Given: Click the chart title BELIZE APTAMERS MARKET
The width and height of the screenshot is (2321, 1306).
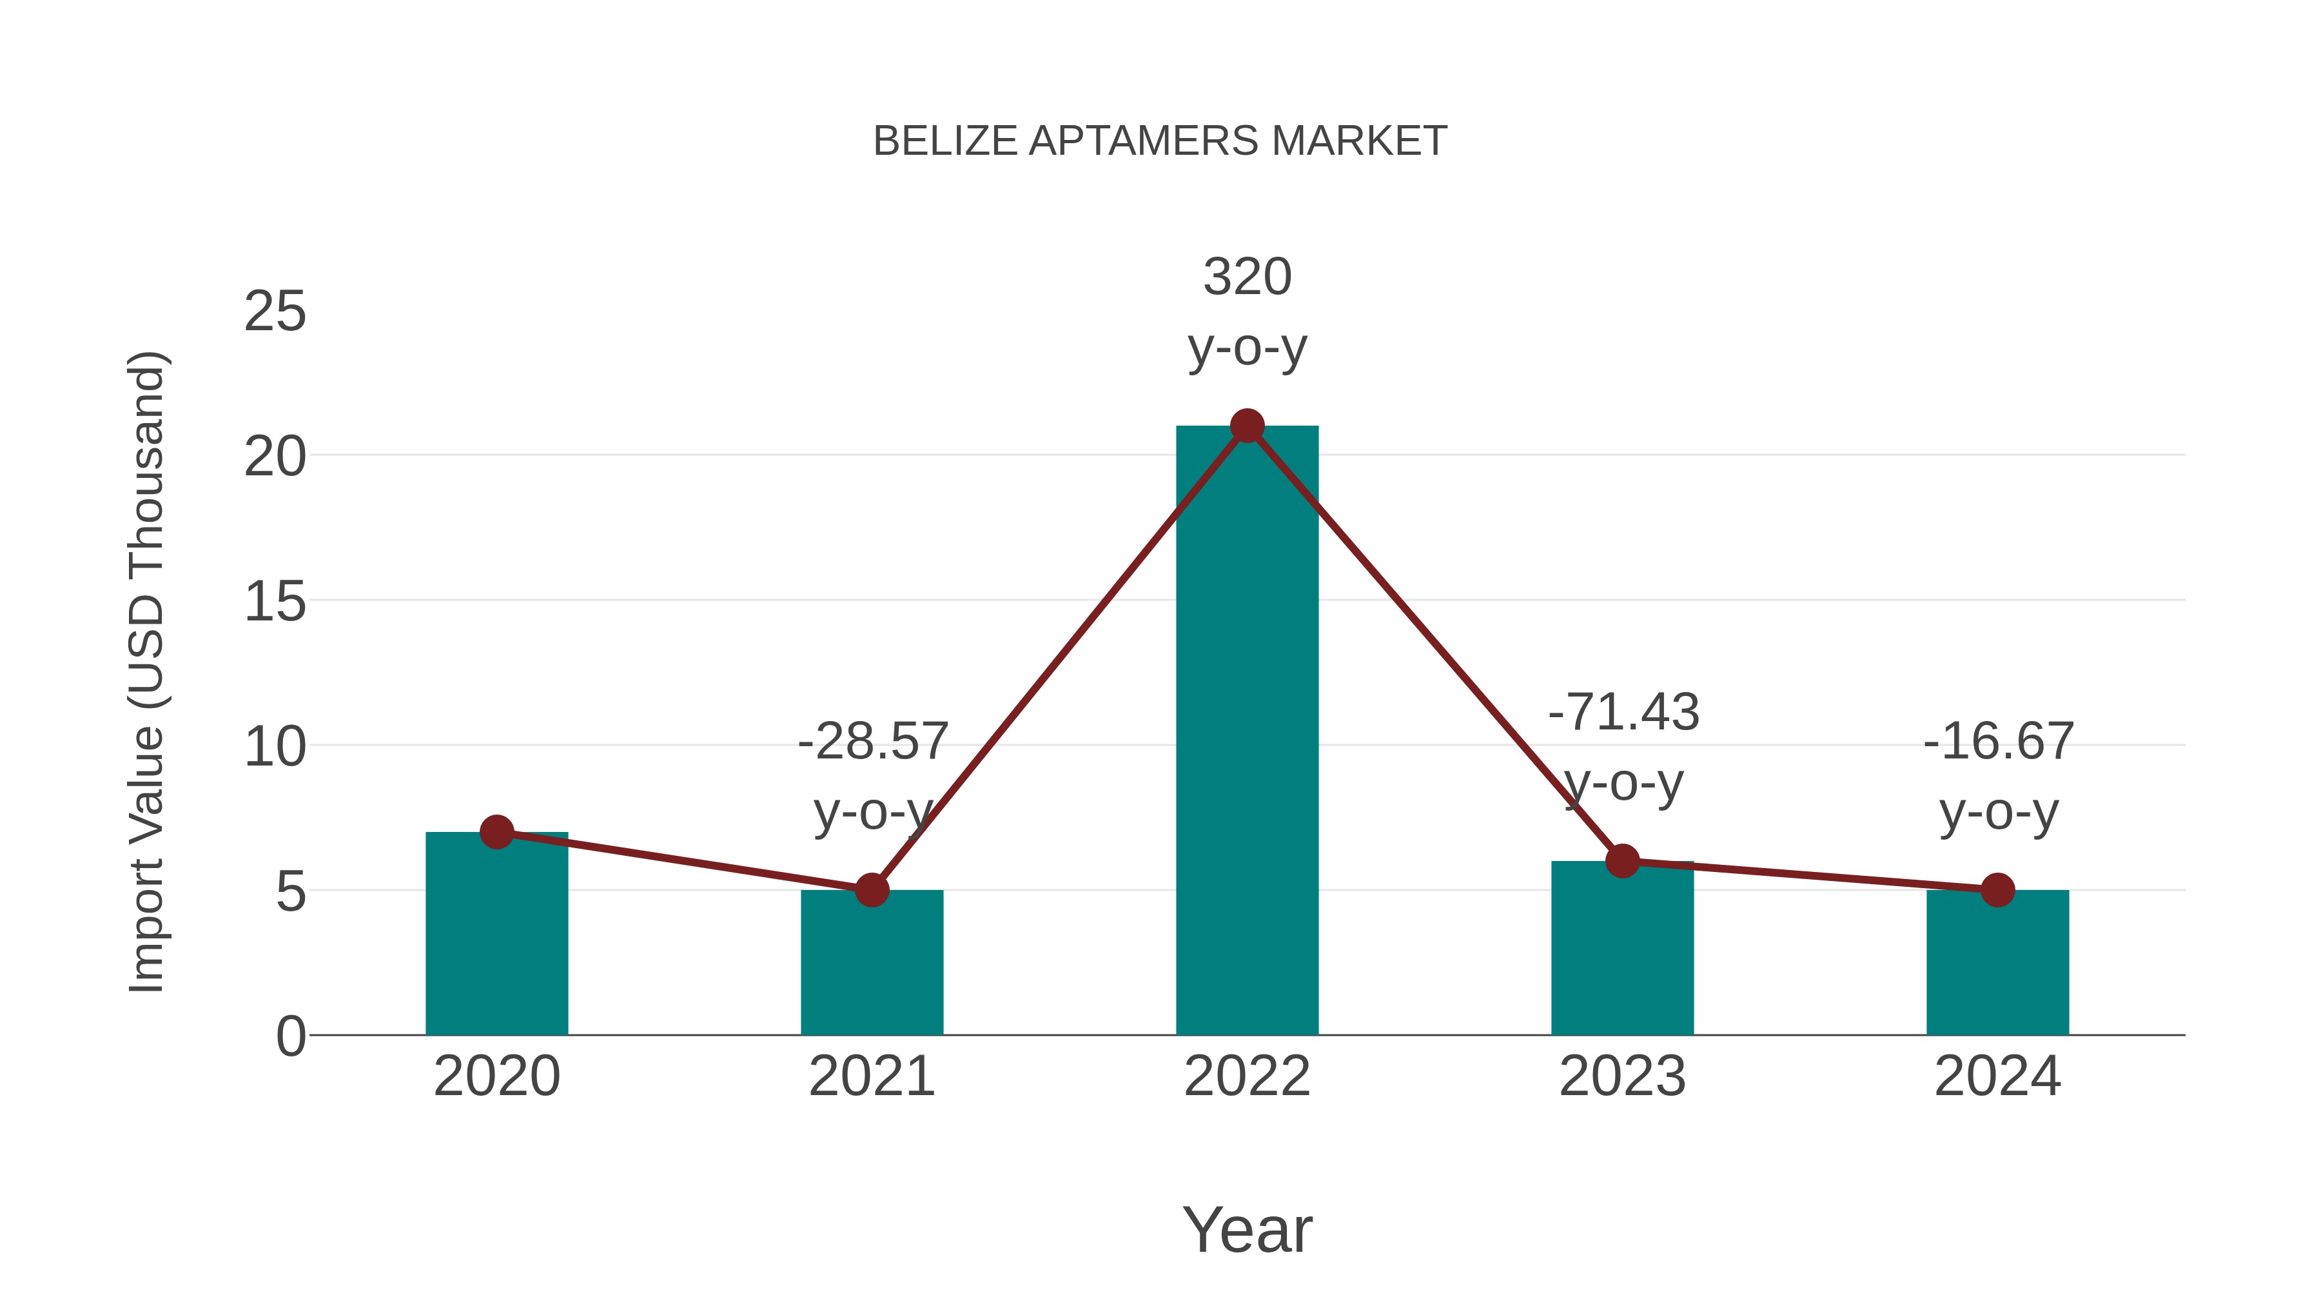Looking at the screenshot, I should pos(1160,141).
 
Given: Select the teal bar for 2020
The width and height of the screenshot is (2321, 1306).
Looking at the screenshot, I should pos(496,937).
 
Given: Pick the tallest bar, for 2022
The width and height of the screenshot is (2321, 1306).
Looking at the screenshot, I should pos(1247,730).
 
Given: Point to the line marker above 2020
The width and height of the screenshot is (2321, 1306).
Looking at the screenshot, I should pos(496,832).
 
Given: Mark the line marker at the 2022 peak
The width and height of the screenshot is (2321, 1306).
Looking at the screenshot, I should pos(1247,426).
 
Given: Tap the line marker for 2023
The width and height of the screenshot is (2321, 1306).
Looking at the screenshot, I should pos(1622,861).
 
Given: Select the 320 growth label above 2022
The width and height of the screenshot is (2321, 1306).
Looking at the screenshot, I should pos(1247,277).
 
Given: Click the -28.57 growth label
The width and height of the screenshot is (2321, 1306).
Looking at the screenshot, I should pos(872,742).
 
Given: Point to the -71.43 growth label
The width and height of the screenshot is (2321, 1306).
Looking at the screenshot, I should pos(1623,712).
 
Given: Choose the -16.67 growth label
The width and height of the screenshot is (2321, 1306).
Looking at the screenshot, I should pos(1999,742).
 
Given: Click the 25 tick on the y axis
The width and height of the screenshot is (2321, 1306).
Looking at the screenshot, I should pos(275,312).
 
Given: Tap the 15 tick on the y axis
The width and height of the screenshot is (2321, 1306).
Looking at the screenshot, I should pos(275,602).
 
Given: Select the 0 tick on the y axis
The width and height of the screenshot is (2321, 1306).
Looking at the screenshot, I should pos(290,1036).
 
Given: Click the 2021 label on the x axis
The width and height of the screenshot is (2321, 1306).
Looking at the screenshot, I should pos(871,1077).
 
